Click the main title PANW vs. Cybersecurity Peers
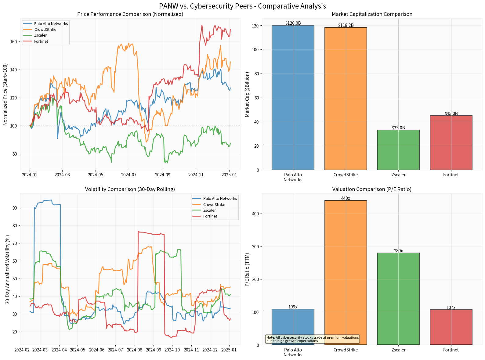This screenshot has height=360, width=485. tap(242, 6)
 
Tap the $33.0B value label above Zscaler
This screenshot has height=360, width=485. tap(398, 128)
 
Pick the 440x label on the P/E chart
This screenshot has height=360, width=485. tap(346, 198)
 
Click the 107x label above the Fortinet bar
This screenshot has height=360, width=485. tap(451, 308)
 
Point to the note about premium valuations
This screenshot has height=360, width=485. tap(313, 339)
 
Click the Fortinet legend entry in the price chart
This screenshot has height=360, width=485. tap(41, 41)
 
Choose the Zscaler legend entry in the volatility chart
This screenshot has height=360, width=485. tap(209, 210)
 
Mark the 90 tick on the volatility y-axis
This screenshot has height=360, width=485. tap(15, 208)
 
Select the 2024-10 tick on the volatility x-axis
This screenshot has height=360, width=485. tap(172, 350)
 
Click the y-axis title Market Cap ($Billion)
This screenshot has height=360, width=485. tap(247, 94)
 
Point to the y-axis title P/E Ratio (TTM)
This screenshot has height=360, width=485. tap(247, 269)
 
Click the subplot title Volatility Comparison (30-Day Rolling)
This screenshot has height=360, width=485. tap(130, 189)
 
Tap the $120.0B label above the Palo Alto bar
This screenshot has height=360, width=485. tap(293, 23)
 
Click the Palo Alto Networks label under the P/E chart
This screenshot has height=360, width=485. tap(293, 352)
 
